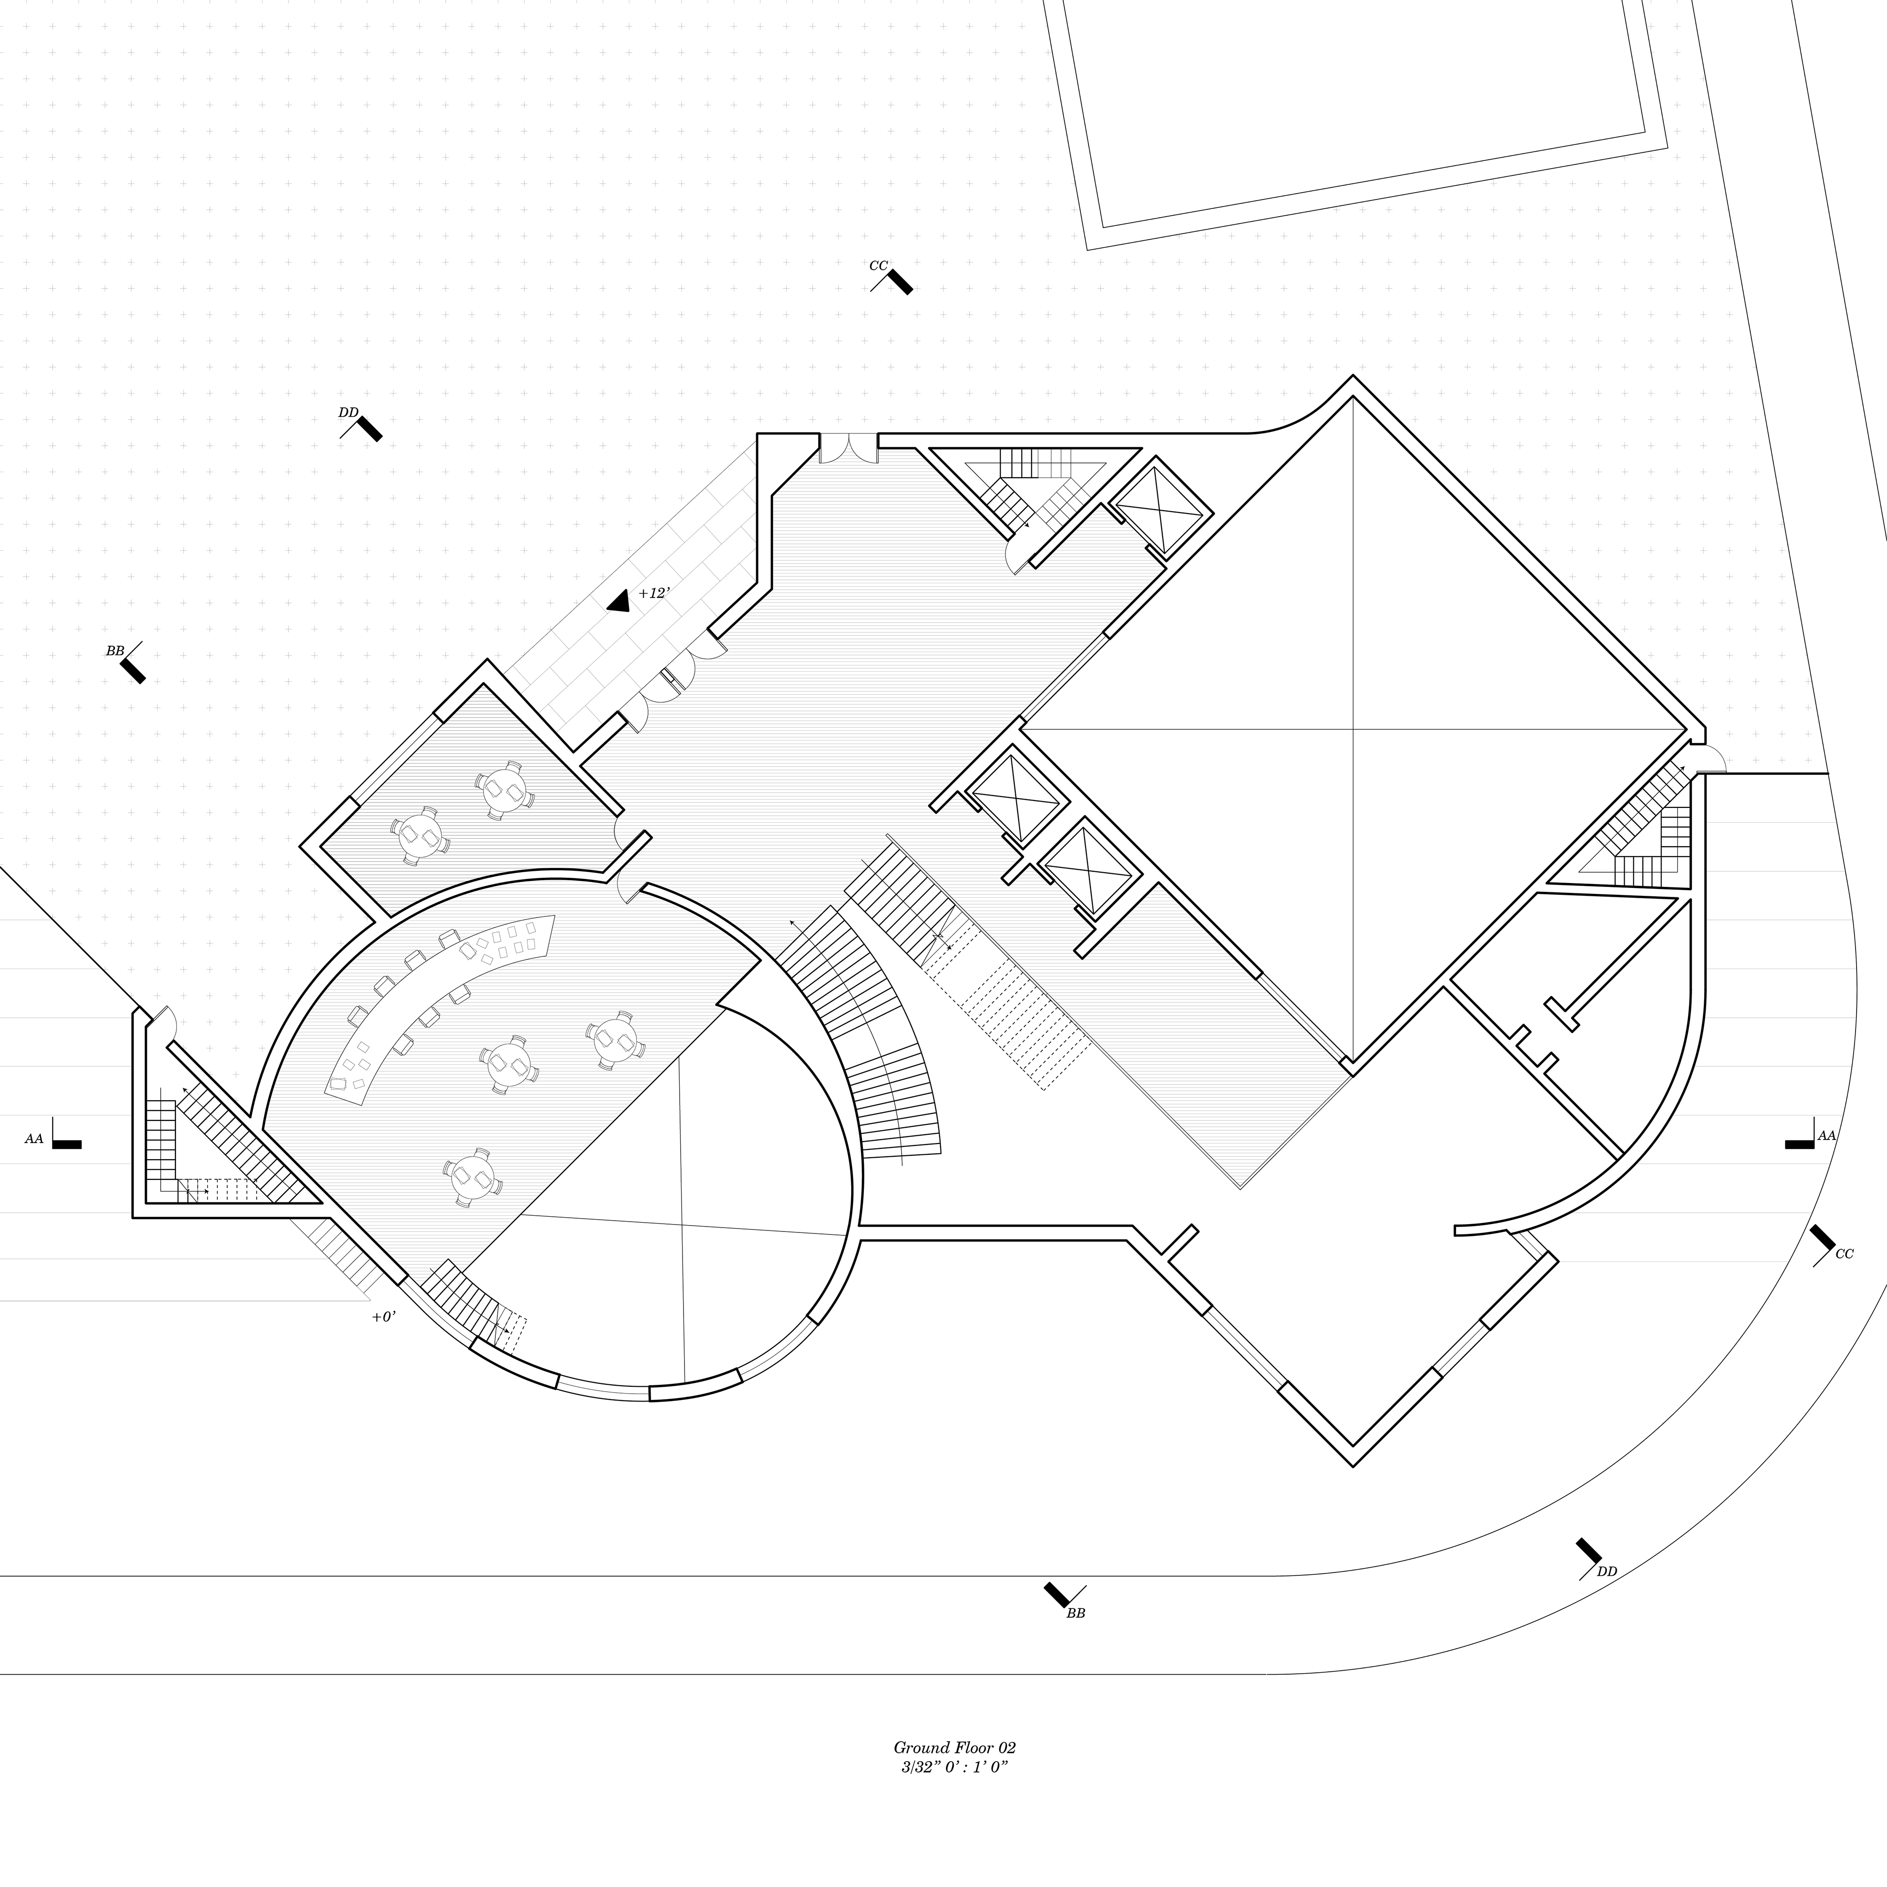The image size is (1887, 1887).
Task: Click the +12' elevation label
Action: pyautogui.click(x=654, y=593)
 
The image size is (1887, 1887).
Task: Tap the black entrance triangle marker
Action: pyautogui.click(x=618, y=601)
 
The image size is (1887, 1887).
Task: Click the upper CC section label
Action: pyautogui.click(x=878, y=266)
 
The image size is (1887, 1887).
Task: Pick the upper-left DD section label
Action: pyautogui.click(x=348, y=412)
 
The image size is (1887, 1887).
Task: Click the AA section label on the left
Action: pyautogui.click(x=34, y=1139)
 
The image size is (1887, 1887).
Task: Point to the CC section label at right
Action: pyautogui.click(x=1844, y=1254)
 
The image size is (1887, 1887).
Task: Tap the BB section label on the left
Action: pyautogui.click(x=115, y=651)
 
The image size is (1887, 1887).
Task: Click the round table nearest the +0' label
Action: pyautogui.click(x=472, y=1177)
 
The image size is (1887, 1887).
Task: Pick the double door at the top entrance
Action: pyautogui.click(x=848, y=449)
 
